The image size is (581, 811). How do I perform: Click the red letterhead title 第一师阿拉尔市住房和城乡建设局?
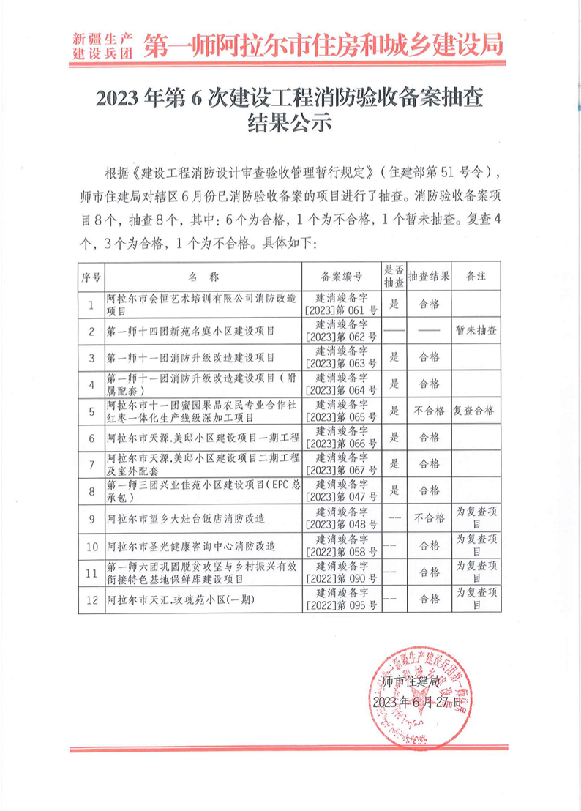tap(324, 45)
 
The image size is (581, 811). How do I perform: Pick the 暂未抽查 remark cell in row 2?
tap(476, 331)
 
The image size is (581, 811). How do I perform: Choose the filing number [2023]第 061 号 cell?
tap(342, 304)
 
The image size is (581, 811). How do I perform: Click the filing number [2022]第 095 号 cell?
tap(342, 599)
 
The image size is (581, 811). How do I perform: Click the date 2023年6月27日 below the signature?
tap(417, 702)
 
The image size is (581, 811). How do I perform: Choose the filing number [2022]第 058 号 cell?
tap(342, 545)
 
